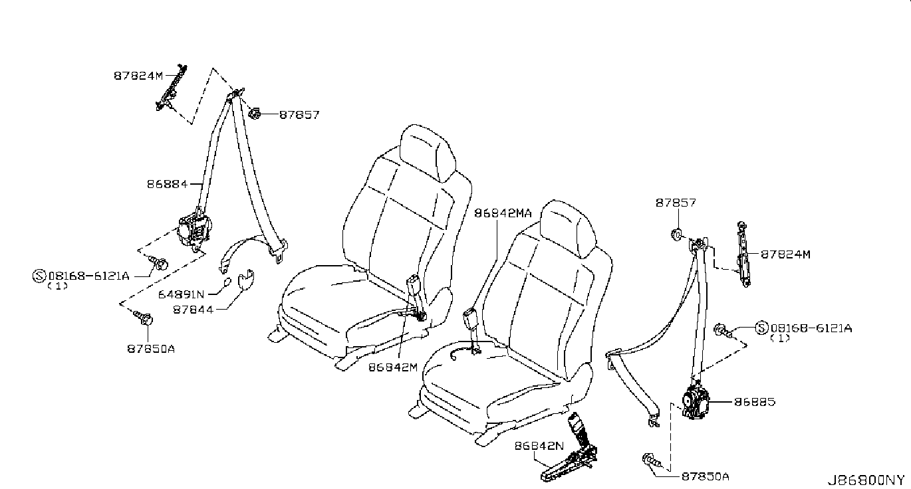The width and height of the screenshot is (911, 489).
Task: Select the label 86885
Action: point(755,402)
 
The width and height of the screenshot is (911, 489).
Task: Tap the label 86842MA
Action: point(503,213)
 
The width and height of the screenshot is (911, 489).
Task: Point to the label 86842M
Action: point(393,367)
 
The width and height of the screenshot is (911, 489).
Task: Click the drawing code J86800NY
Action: point(866,480)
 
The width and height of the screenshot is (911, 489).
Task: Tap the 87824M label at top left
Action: point(138,76)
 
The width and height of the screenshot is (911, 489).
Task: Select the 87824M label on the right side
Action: point(786,254)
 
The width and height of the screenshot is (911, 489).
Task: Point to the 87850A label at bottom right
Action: point(705,476)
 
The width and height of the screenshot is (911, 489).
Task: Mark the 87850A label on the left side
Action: point(151,348)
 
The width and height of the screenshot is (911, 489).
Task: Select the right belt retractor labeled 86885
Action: point(694,402)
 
